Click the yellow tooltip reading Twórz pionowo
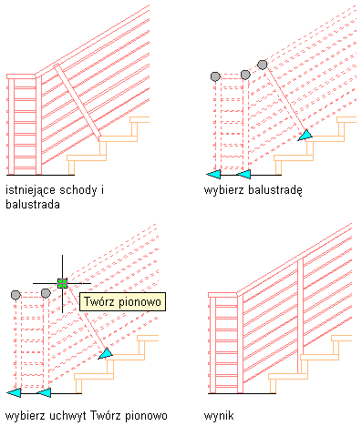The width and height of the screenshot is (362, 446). tap(122, 301)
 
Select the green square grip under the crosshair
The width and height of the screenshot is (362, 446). tap(62, 283)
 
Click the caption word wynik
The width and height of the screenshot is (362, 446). tap(219, 415)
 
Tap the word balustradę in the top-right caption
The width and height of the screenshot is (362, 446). tap(275, 190)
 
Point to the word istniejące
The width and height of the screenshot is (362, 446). tap(31, 190)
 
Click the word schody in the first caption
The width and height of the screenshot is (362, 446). tap(78, 190)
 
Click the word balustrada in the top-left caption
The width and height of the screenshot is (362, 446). tap(33, 204)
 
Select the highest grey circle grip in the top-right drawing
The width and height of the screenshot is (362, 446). tap(263, 65)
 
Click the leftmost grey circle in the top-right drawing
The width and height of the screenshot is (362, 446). tap(215, 76)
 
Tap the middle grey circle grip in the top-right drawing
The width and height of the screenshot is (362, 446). tap(245, 75)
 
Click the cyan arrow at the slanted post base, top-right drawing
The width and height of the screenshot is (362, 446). tap(305, 135)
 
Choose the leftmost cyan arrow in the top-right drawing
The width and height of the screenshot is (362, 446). tap(213, 175)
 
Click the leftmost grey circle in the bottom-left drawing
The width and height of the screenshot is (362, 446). tap(16, 295)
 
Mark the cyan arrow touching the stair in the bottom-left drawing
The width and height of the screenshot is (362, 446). tap(105, 353)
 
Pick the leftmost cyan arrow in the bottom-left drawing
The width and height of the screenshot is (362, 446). tap(14, 392)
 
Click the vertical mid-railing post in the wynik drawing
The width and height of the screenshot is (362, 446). tap(300, 316)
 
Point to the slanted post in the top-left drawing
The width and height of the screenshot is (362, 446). tap(78, 103)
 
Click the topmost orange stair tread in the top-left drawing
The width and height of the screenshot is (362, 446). tap(140, 119)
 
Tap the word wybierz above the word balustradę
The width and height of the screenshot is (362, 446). tap(223, 190)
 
